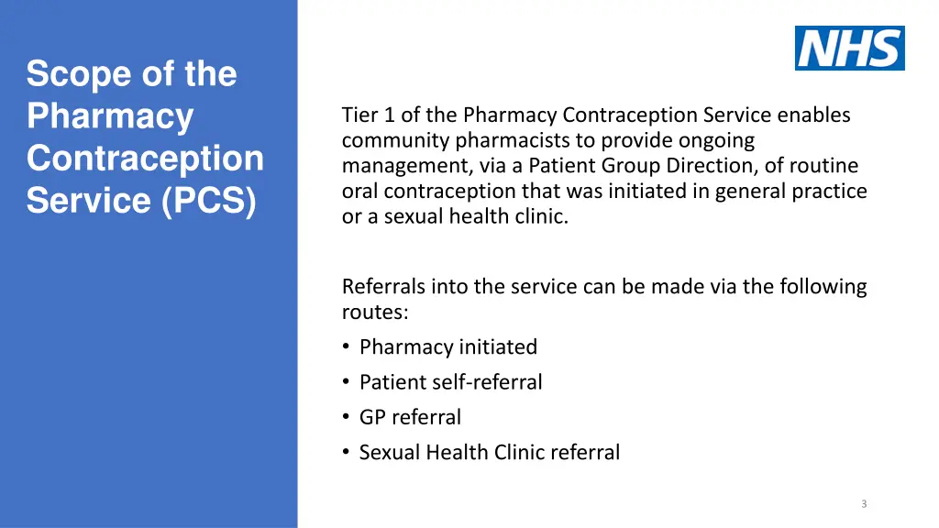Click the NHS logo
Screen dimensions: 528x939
pos(849,48)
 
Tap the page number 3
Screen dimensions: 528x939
pos(864,503)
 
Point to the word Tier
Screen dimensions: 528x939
pos(359,115)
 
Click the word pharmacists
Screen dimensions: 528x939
pos(507,141)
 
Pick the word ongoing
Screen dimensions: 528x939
pos(716,141)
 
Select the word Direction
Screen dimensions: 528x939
pos(732,166)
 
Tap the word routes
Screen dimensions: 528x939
pos(374,313)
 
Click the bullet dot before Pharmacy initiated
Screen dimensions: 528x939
pos(346,347)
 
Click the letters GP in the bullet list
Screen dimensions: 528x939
pos(372,417)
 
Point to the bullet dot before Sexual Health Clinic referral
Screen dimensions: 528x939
pos(346,453)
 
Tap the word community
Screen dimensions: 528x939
pos(395,141)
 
